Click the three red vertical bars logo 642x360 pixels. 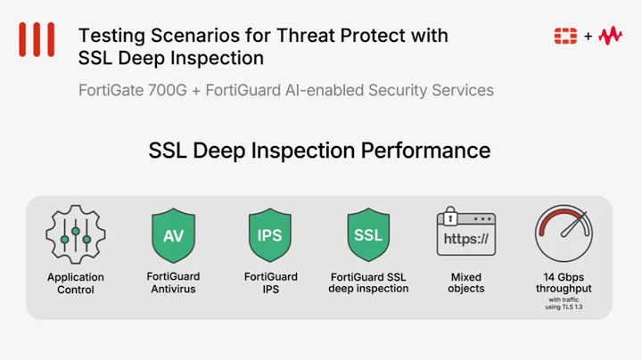point(37,40)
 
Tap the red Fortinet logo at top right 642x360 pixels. point(565,36)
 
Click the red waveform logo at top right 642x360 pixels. point(611,36)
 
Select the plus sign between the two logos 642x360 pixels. point(588,37)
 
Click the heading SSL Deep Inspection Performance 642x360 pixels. point(319,150)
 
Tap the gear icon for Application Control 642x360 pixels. point(76,234)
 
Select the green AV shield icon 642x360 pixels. point(173,235)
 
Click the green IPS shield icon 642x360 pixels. point(271,235)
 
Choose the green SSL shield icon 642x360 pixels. point(368,235)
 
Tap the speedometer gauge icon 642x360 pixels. point(564,233)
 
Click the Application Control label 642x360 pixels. point(76,283)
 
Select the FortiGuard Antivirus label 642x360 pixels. point(173,282)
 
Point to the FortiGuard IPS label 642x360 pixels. point(271,282)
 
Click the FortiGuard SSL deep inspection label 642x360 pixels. point(368,282)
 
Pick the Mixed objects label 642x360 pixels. point(466,282)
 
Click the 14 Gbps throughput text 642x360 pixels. point(564,282)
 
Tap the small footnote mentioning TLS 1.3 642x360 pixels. point(564,304)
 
